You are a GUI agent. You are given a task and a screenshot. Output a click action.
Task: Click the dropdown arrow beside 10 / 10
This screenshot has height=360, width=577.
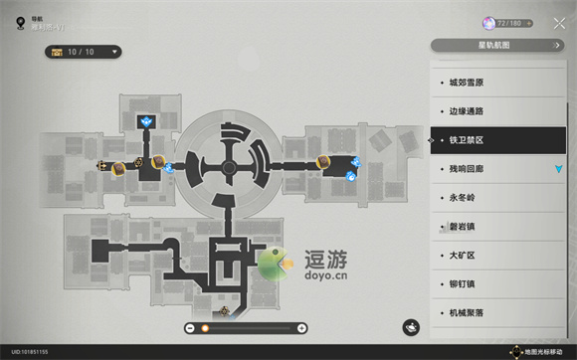click(115, 52)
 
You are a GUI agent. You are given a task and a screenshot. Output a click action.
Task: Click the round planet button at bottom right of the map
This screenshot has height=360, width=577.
click(411, 327)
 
